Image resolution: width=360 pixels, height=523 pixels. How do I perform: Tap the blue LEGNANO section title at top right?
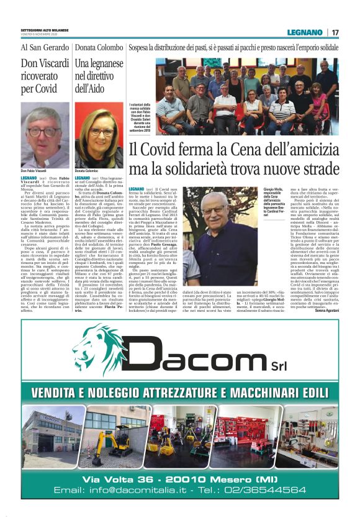(x=305, y=32)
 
